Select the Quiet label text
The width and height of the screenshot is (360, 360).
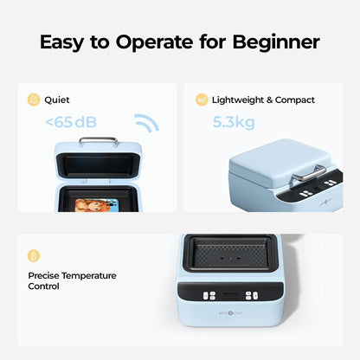[58, 100]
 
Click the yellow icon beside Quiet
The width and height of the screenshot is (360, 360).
[35, 100]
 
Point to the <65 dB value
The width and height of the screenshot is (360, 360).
[71, 122]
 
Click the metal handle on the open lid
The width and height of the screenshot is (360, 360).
[99, 140]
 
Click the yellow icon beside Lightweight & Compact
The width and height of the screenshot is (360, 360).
[202, 100]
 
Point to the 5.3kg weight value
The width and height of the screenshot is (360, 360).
[234, 122]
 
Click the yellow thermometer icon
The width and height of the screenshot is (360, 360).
[35, 256]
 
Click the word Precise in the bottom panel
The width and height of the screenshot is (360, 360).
[44, 275]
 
